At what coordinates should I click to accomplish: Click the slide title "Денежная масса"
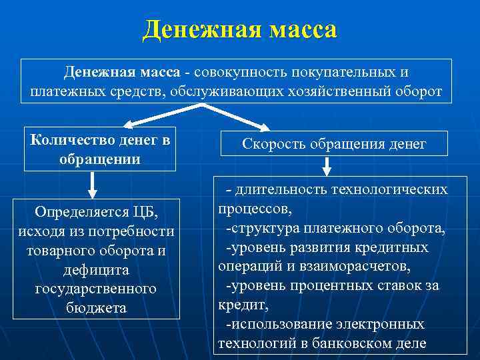(x=240, y=30)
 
